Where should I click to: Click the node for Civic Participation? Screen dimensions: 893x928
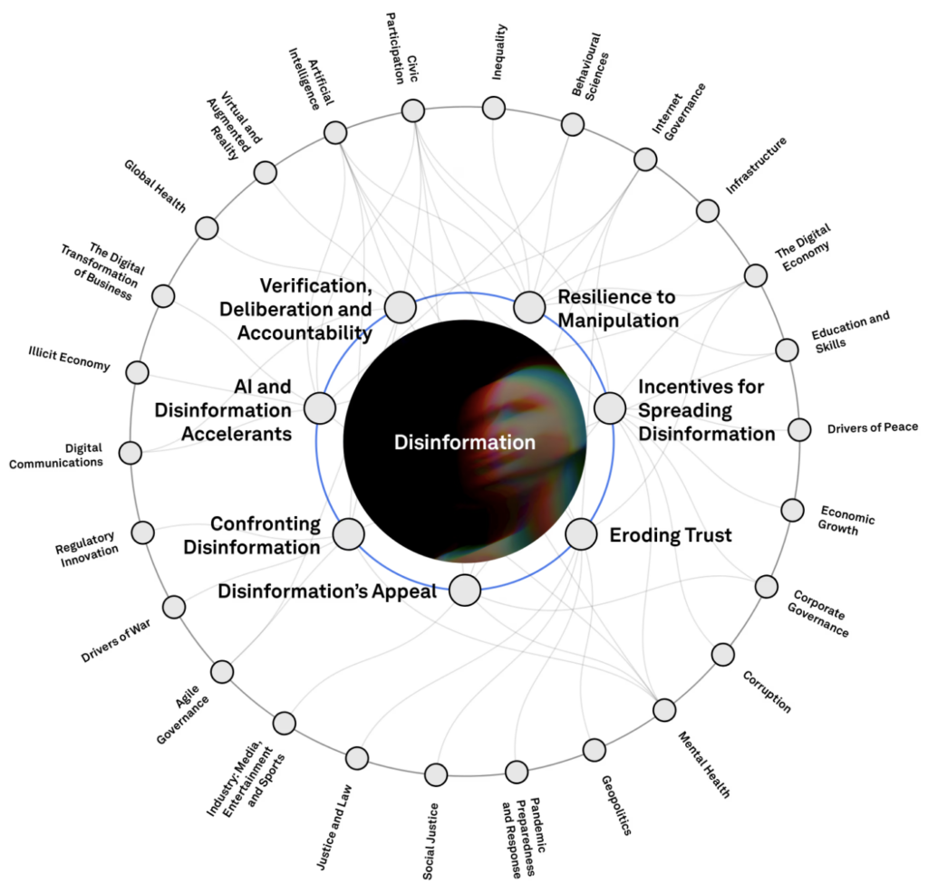[413, 111]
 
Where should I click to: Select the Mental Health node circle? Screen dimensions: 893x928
[664, 710]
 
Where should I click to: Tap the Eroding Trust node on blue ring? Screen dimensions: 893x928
[581, 534]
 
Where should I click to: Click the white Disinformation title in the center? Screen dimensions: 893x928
[465, 442]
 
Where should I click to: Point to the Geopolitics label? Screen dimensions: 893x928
[615, 805]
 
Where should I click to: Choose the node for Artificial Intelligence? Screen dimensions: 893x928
[334, 133]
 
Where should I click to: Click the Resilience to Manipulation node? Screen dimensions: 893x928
[529, 307]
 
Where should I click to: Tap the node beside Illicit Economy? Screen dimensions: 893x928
[137, 372]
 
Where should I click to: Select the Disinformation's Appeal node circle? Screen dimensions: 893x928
[465, 591]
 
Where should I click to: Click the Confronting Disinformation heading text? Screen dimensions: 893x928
[266, 535]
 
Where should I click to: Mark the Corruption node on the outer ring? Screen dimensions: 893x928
[723, 654]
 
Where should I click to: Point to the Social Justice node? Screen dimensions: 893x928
[436, 775]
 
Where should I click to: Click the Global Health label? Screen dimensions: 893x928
[156, 187]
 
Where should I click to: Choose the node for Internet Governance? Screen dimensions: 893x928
[645, 159]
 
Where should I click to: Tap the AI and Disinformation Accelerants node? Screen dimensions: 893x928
[320, 408]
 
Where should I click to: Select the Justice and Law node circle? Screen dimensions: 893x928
[357, 758]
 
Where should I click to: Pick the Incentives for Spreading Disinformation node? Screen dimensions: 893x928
[610, 408]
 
